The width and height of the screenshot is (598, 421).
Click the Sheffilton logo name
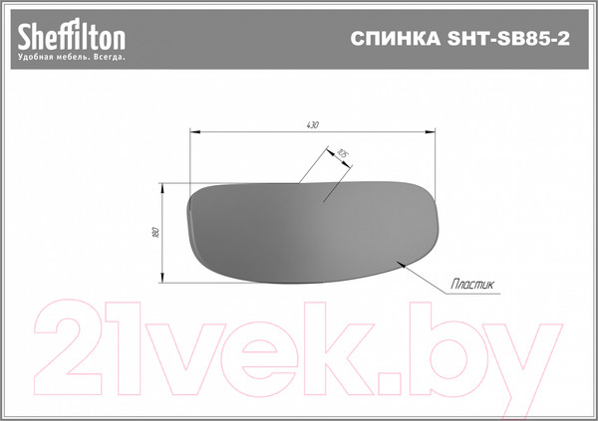click(x=71, y=37)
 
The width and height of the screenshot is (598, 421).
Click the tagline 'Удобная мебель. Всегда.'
click(x=71, y=58)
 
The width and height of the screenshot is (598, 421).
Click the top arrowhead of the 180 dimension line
click(x=163, y=186)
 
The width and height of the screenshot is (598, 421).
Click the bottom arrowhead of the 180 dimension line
click(x=163, y=279)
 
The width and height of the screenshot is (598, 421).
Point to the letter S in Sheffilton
click(x=24, y=37)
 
